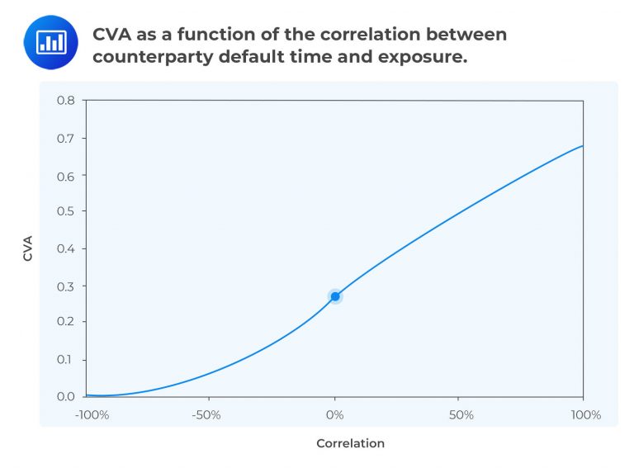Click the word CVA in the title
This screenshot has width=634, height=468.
click(x=112, y=35)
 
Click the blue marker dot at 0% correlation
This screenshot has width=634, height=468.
click(x=335, y=296)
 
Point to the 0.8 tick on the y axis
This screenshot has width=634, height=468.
click(x=66, y=101)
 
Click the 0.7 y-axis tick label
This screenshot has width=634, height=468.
click(x=66, y=138)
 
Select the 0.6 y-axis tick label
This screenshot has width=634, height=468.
click(x=66, y=176)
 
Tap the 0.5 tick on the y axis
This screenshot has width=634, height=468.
click(x=66, y=211)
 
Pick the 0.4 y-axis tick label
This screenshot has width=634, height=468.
click(x=66, y=248)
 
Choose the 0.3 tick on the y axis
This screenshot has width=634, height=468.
click(x=66, y=286)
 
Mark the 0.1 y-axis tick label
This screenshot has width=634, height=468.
click(x=66, y=360)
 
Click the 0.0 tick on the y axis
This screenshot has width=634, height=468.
click(x=66, y=396)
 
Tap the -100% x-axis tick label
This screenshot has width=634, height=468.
click(x=92, y=414)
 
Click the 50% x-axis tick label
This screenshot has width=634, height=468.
click(x=461, y=414)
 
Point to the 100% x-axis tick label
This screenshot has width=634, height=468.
click(x=585, y=414)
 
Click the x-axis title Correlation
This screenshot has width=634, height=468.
click(x=350, y=443)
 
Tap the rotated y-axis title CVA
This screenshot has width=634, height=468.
click(x=27, y=248)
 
